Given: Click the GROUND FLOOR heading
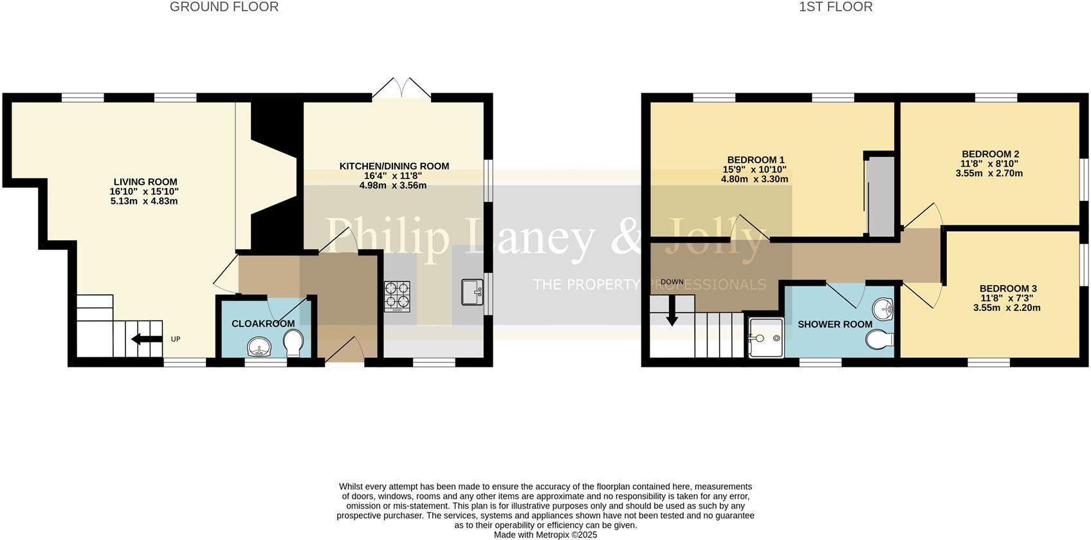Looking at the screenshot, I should click(224, 7).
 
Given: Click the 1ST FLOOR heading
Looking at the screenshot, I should click(836, 7).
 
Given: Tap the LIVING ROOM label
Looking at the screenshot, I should click(145, 182).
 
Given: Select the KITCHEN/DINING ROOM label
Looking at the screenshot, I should click(394, 166).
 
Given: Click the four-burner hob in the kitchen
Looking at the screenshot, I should click(397, 296).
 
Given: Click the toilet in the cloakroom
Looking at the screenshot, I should click(295, 342).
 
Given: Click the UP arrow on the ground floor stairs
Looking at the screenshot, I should click(146, 339).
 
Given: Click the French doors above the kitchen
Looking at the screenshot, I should click(401, 89).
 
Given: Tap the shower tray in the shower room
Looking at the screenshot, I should click(766, 337).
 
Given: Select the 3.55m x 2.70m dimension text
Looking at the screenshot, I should click(989, 173).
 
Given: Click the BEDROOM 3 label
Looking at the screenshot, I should click(1007, 288).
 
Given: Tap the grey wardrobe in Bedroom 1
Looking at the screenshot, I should click(880, 196).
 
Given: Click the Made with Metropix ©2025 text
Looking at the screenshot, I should click(545, 534).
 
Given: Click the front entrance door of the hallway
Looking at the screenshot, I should click(345, 352).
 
